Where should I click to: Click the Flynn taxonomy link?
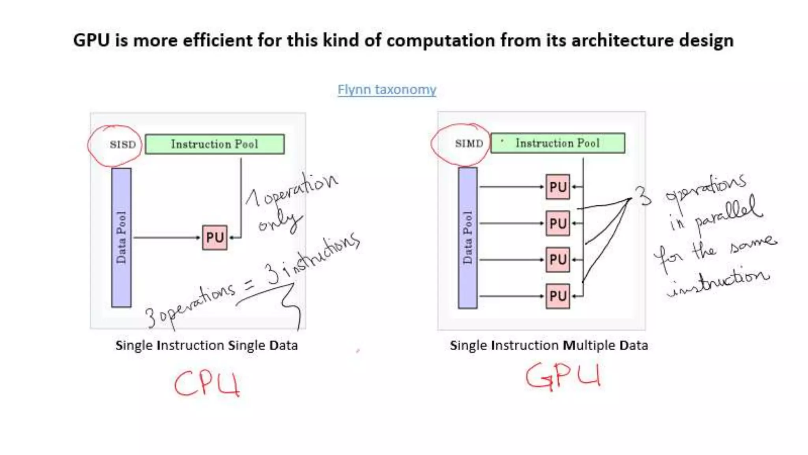click(387, 90)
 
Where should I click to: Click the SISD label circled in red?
click(123, 145)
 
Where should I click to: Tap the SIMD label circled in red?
click(469, 143)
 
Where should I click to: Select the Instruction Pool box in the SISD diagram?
click(215, 144)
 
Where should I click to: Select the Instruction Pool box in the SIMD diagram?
click(557, 143)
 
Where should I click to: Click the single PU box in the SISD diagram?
click(215, 237)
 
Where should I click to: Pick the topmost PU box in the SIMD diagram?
click(557, 187)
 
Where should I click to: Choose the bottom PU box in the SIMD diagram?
click(557, 296)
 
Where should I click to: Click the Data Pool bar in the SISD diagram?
click(121, 237)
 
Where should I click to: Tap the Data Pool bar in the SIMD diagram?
click(468, 237)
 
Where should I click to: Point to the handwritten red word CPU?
click(207, 384)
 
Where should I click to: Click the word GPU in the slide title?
click(92, 41)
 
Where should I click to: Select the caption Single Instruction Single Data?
click(206, 346)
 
